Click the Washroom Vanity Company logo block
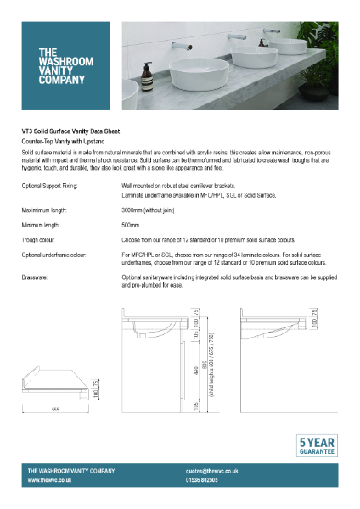pos(67,65)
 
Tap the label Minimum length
pos(43,225)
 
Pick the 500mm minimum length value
pos(130,225)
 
